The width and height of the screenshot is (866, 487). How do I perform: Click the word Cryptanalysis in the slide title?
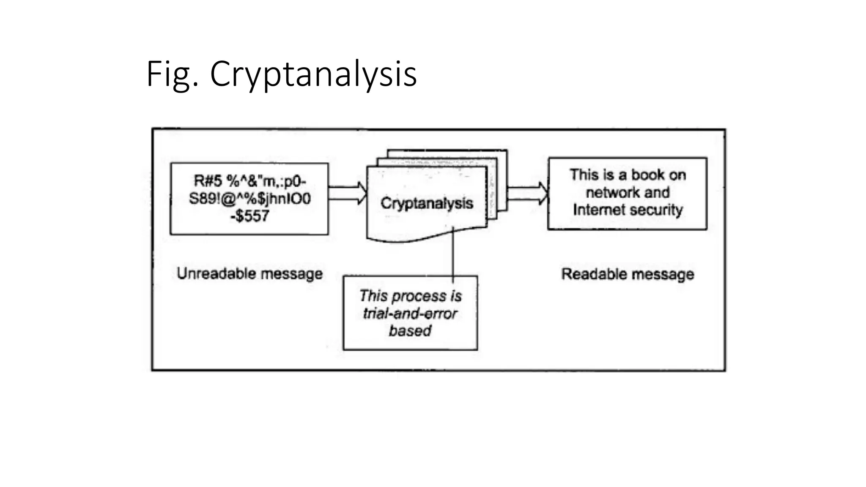point(313,74)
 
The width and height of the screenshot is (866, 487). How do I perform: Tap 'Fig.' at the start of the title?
point(172,74)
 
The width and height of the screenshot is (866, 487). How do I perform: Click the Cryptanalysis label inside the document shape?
point(427,203)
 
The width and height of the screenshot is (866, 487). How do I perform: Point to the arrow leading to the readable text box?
point(527,193)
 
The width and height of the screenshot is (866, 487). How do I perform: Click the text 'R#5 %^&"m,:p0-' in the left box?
point(249,181)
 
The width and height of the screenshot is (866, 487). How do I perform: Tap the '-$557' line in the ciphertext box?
point(249,216)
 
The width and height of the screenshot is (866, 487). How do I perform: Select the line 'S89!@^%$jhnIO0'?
point(249,198)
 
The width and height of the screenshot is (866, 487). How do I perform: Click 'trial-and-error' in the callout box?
point(410,314)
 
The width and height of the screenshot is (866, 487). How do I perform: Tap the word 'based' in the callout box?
point(410,331)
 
